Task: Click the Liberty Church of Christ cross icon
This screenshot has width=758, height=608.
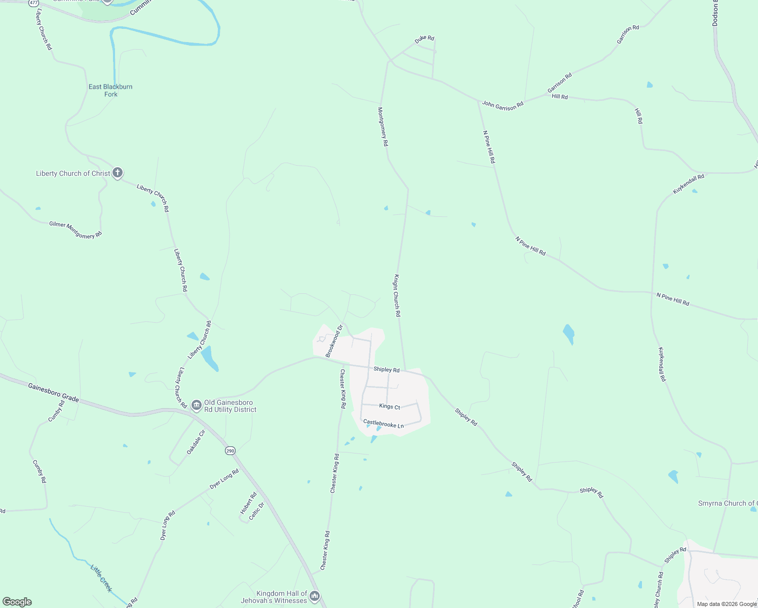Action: click(118, 173)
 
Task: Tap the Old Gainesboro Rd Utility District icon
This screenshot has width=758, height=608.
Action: click(196, 405)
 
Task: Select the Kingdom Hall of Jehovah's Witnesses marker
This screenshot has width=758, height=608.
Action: click(315, 596)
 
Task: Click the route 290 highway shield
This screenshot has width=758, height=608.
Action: click(231, 450)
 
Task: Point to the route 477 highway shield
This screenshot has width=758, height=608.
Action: click(33, 3)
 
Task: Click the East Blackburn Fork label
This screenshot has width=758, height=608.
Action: click(110, 90)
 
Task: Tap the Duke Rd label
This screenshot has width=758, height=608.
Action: click(425, 39)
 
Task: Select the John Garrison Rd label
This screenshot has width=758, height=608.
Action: click(503, 105)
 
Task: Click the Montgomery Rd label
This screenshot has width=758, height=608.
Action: click(383, 127)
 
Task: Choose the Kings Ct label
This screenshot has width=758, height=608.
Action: click(390, 406)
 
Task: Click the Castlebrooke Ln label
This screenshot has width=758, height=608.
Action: click(384, 424)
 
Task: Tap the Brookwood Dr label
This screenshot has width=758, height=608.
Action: click(334, 341)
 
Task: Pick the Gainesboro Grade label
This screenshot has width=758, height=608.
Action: click(54, 393)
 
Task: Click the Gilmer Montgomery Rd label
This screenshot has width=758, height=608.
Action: click(75, 230)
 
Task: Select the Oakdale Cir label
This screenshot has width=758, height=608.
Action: click(196, 442)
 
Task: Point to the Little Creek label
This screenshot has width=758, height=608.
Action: click(101, 578)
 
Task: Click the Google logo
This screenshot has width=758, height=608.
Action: click(17, 602)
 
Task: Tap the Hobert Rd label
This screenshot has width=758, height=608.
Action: click(248, 503)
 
